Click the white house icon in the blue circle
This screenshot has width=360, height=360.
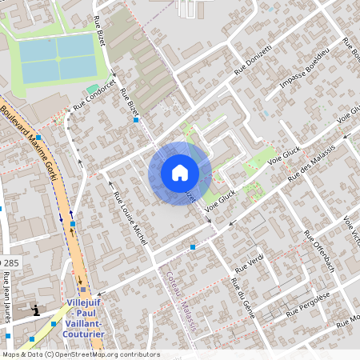click(179, 173)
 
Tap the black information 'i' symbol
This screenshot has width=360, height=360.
click(35, 310)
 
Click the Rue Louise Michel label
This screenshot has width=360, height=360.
click(130, 217)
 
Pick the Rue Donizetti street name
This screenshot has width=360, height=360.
click(254, 61)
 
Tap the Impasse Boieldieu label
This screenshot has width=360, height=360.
click(305, 70)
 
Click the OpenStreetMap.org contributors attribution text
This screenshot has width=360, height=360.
click(104, 354)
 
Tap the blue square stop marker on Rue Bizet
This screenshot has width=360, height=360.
click(137, 120)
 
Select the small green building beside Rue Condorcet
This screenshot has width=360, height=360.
click(93, 88)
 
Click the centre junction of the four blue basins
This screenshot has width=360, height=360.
click(57, 58)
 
